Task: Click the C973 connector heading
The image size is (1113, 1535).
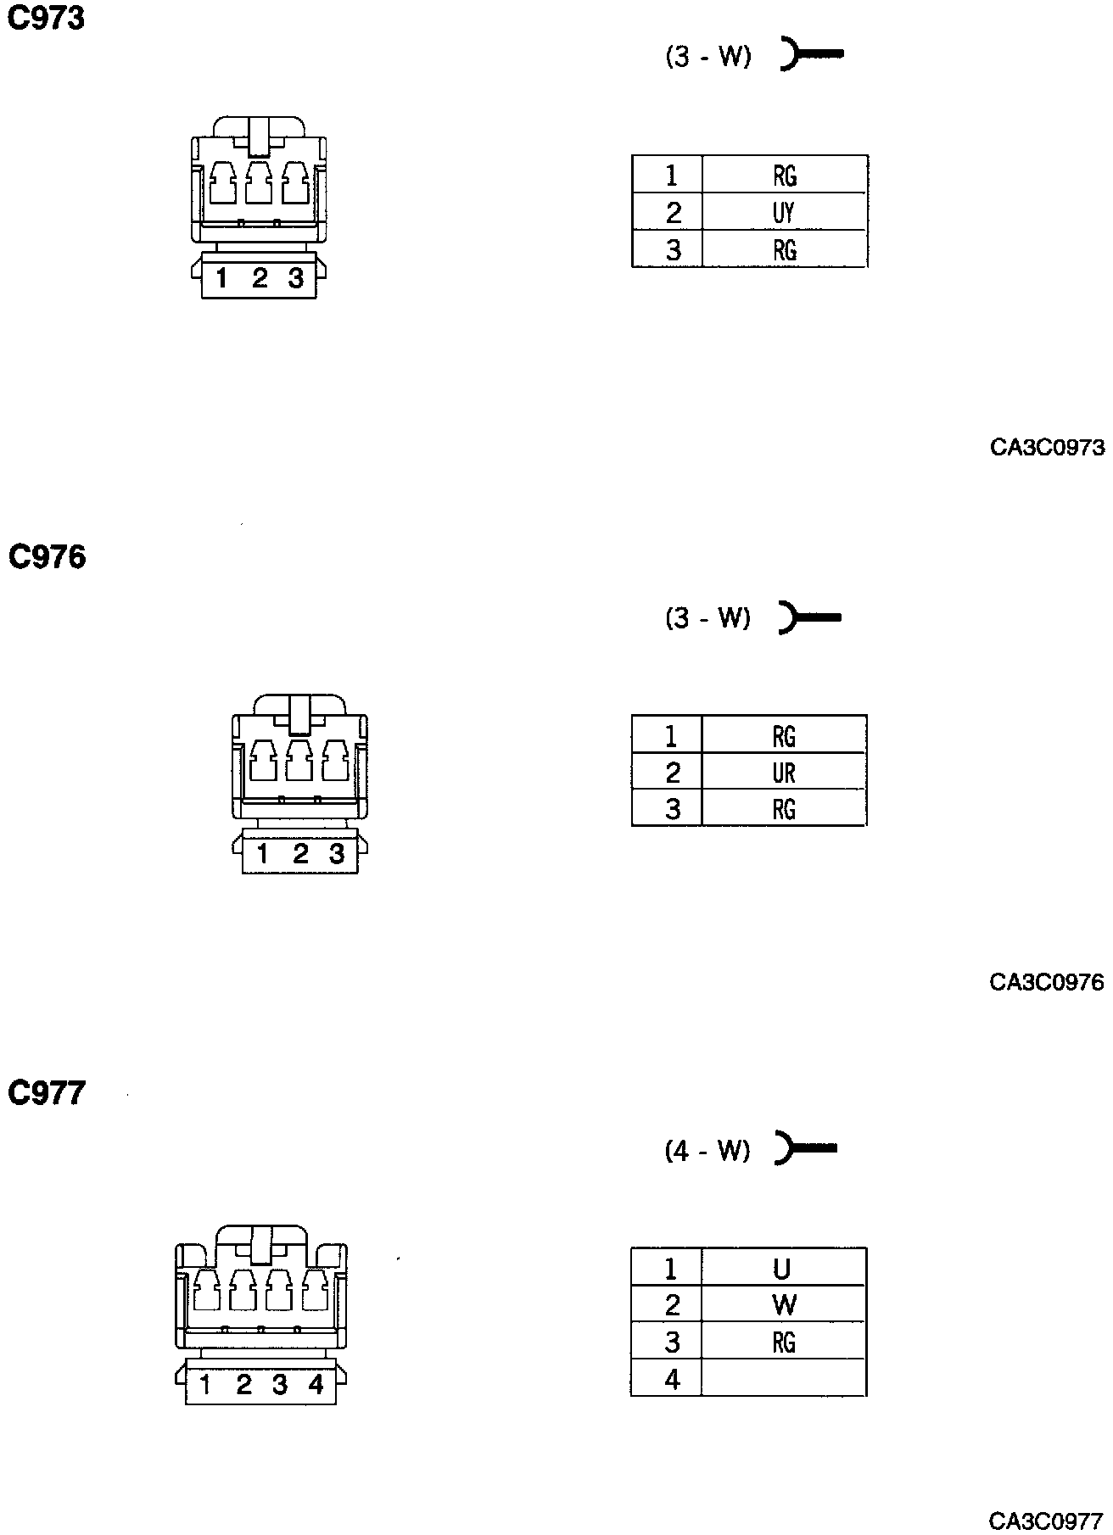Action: [47, 19]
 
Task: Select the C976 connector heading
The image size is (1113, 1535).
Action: [48, 557]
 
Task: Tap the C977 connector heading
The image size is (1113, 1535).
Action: [48, 1093]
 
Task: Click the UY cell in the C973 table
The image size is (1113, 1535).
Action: [784, 212]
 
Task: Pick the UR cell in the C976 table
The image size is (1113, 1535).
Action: [784, 773]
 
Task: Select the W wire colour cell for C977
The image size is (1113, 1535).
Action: [784, 1304]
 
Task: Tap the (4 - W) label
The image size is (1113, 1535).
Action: [708, 1150]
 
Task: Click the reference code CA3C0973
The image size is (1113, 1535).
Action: [1047, 447]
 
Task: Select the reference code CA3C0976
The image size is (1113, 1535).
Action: [1047, 982]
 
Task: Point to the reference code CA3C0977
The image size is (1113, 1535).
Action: [1047, 1518]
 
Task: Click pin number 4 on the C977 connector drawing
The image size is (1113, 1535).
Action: [316, 1385]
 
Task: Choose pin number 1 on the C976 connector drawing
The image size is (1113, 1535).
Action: [263, 853]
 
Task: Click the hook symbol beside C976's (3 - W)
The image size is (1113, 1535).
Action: [808, 617]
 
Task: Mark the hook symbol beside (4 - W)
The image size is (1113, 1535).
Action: [806, 1149]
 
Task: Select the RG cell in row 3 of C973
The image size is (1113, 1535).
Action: [784, 250]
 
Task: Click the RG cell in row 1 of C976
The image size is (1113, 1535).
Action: [784, 736]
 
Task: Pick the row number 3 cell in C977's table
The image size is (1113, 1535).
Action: [672, 1342]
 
